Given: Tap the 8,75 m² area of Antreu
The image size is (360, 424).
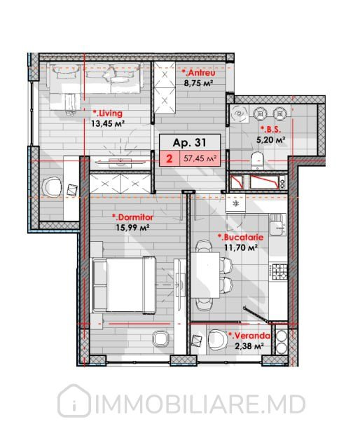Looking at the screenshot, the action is point(198,83).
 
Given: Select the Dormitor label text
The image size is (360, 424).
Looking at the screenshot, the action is point(132,217).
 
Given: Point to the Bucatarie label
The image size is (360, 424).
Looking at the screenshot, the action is point(240,237).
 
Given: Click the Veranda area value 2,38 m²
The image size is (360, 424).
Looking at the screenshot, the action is point(249,346).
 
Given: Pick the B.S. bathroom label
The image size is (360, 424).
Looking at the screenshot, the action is point(270,130).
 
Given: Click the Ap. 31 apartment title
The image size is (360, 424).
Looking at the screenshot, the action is point(190,142).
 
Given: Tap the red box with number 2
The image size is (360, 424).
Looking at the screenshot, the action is point(169,158).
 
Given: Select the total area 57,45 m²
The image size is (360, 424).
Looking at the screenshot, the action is point(200,158).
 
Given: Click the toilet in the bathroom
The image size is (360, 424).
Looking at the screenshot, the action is point(257,160).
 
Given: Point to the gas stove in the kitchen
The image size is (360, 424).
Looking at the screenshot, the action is point(279,271).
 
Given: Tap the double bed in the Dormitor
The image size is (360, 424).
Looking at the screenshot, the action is point(124,285).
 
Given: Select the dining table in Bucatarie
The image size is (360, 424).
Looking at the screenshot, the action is point(205,275).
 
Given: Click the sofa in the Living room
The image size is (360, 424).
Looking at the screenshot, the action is point(95,78).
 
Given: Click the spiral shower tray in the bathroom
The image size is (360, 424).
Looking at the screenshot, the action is point(240,114).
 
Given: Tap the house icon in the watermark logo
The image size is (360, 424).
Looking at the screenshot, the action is point(74,401).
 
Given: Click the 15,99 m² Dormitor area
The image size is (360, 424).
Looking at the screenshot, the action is point(132,228).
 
